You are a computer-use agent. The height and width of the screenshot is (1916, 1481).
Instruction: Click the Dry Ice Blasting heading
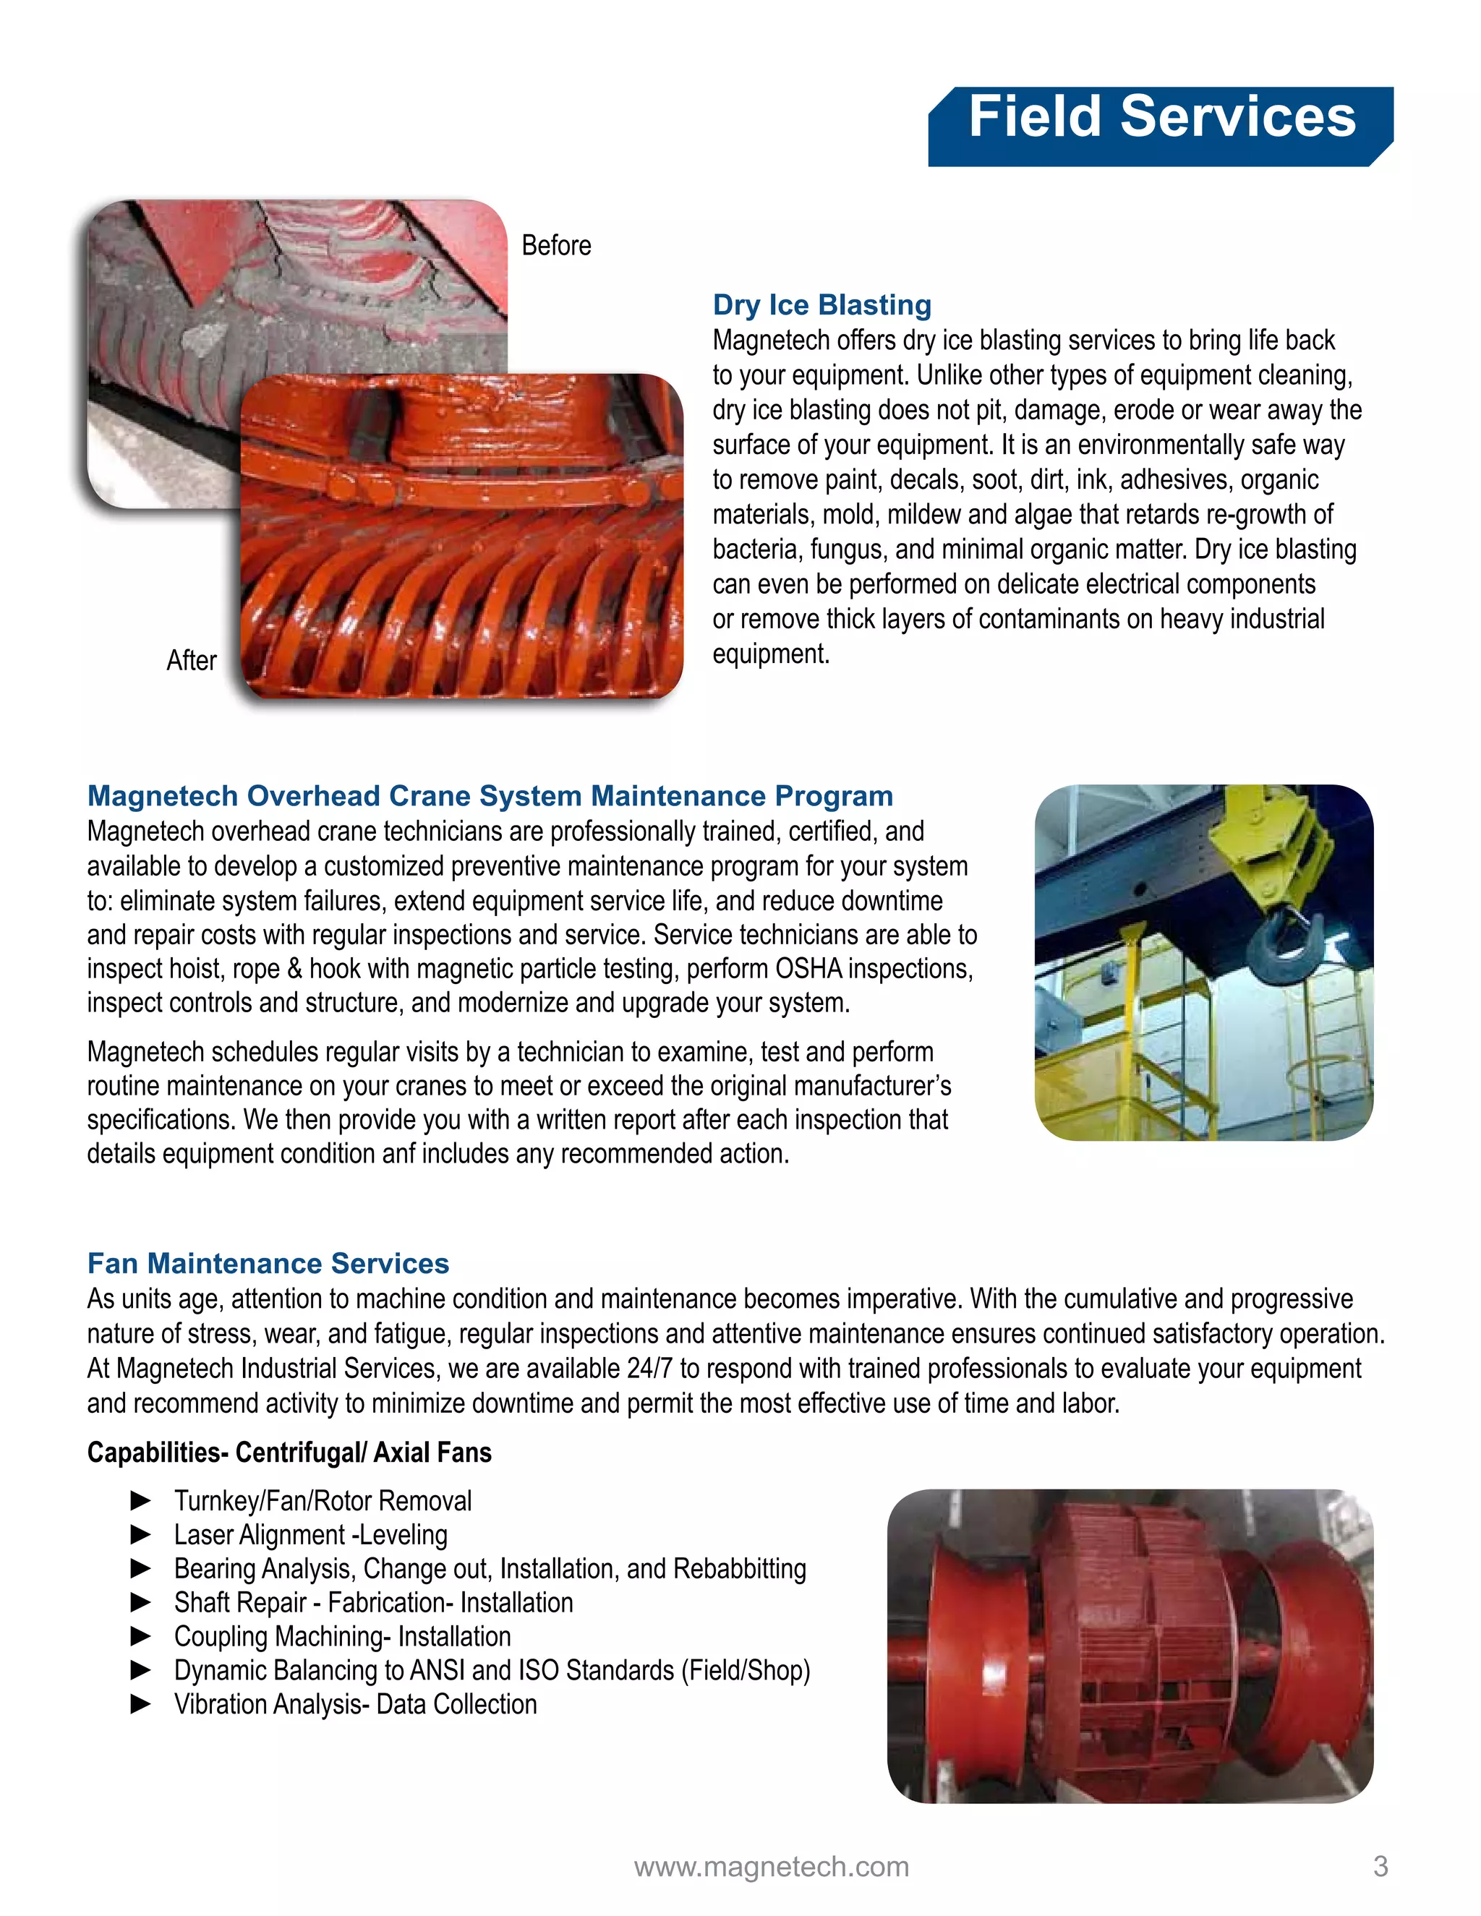click(x=821, y=304)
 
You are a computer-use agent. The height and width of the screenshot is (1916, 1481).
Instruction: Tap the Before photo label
click(x=556, y=246)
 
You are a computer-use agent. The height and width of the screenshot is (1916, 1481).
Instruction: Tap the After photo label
click(x=191, y=661)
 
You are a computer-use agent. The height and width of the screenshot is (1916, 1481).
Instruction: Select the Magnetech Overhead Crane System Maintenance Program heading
click(x=490, y=796)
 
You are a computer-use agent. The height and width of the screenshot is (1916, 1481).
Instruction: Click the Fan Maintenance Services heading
click(x=268, y=1263)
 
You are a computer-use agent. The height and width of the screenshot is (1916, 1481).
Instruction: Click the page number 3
click(x=1380, y=1866)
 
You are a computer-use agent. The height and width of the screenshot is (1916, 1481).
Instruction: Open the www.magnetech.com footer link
click(x=771, y=1867)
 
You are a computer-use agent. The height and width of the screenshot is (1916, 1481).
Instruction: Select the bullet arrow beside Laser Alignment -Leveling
click(x=140, y=1534)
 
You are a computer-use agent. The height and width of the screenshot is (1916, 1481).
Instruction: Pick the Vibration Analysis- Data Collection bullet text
click(x=355, y=1705)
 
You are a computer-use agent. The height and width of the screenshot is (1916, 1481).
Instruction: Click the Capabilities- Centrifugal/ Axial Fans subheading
click(x=289, y=1453)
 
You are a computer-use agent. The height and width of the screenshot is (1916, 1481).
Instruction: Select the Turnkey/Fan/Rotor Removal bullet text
click(x=323, y=1501)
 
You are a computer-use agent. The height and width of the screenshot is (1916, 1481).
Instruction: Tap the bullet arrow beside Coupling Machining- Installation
click(x=140, y=1636)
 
